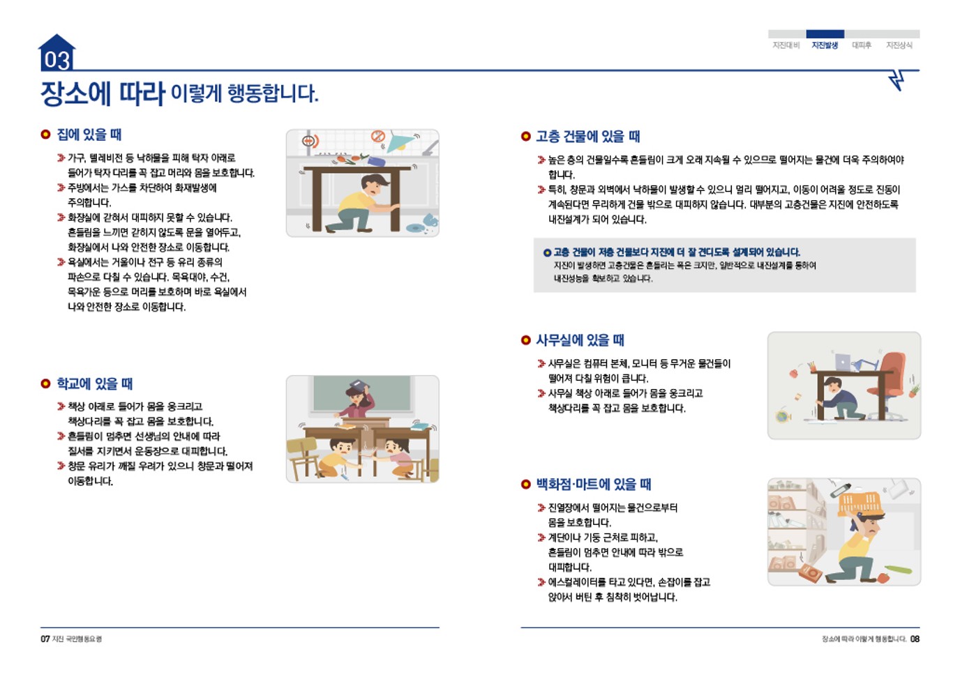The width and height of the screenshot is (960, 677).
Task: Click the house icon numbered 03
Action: click(x=57, y=53)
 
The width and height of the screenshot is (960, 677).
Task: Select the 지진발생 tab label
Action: click(x=825, y=45)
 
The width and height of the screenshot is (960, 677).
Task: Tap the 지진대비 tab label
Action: click(x=786, y=45)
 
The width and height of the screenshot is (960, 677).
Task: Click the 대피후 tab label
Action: click(x=861, y=45)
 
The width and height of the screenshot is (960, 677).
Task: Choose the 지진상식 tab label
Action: click(x=899, y=45)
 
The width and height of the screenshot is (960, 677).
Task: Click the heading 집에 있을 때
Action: click(x=89, y=135)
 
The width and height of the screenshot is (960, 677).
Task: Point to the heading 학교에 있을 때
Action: click(x=94, y=383)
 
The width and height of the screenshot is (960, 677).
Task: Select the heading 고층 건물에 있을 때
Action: click(x=587, y=137)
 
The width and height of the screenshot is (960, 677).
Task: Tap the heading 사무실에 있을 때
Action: click(x=580, y=340)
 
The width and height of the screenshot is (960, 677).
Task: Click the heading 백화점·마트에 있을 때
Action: click(x=593, y=484)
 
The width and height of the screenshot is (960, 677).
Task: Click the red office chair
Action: click(x=890, y=381)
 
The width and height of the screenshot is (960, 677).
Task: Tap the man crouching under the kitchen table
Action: click(x=367, y=201)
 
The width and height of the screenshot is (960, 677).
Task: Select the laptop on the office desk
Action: click(x=843, y=363)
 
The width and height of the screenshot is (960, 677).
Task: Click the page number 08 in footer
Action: click(x=915, y=639)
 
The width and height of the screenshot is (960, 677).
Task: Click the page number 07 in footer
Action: click(x=45, y=639)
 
